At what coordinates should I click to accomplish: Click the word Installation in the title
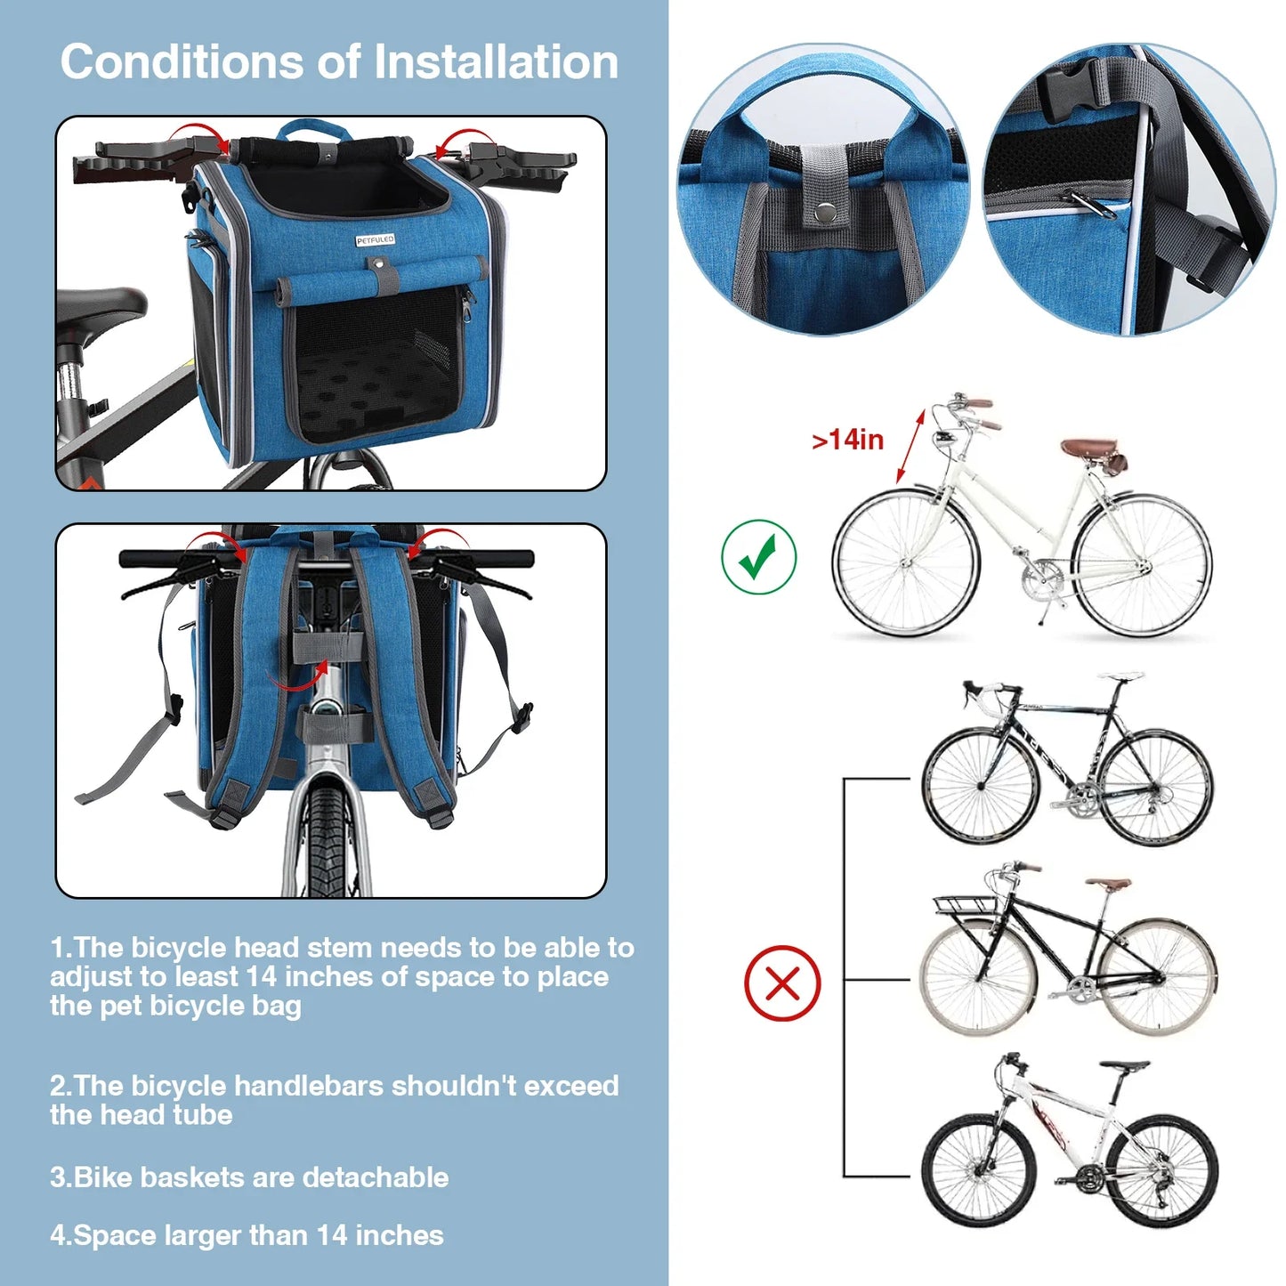point(496,62)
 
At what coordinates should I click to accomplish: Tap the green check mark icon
point(759,557)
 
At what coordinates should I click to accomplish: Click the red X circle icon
point(782,983)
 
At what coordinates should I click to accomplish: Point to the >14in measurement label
point(847,440)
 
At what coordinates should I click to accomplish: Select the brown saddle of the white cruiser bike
point(1089,446)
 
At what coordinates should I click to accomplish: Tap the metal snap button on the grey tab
point(824,212)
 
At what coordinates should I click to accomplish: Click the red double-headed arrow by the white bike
point(910,446)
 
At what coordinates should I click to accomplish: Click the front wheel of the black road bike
point(981,786)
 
